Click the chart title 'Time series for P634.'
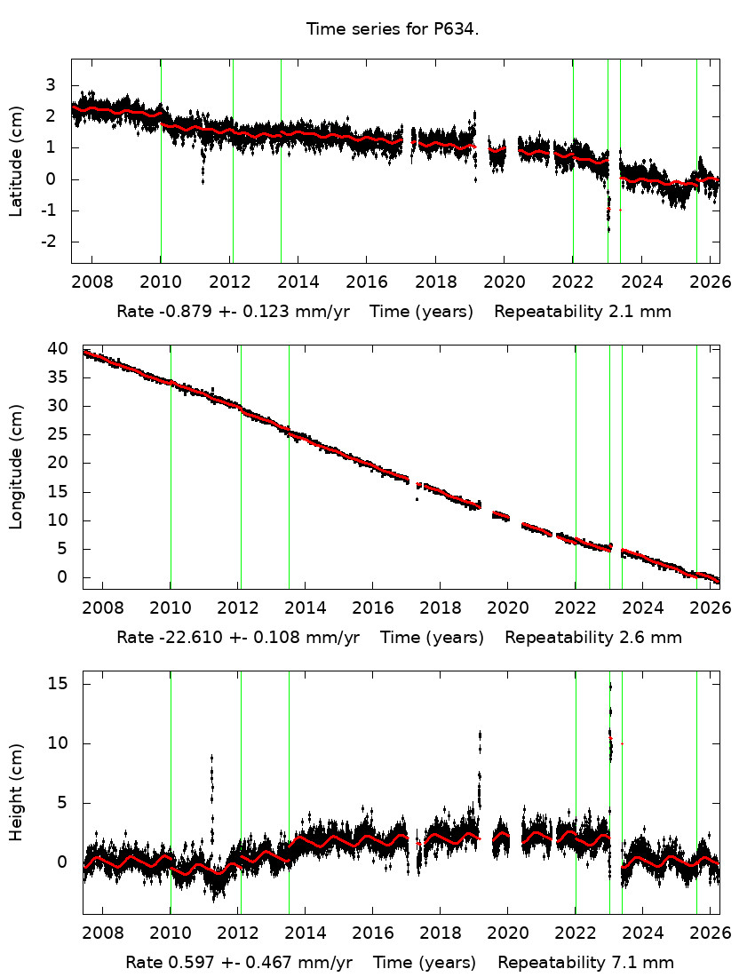(393, 29)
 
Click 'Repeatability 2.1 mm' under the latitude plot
(582, 312)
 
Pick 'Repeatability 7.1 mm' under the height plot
(585, 963)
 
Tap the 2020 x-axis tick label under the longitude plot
(507, 608)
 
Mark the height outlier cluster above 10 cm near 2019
(480, 739)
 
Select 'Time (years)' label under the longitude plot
(432, 638)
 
